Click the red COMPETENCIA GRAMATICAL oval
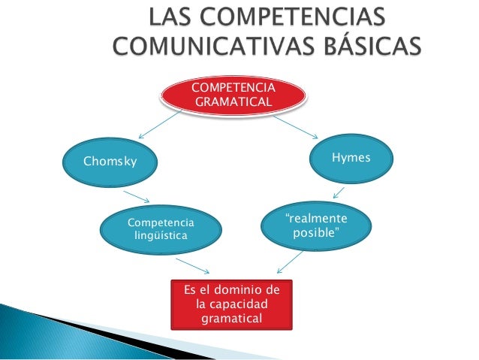(234, 95)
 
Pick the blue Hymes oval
(351, 158)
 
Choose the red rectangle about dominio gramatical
(232, 304)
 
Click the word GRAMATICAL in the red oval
(234, 101)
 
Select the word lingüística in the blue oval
(160, 236)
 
